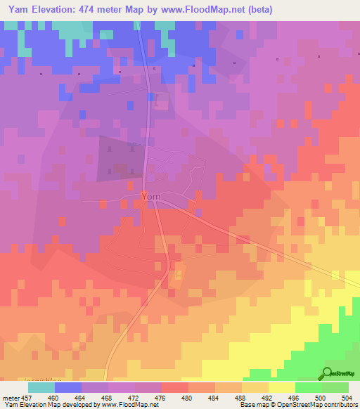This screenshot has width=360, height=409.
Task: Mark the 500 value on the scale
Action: tap(322, 397)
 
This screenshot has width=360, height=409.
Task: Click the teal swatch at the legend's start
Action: tap(41, 387)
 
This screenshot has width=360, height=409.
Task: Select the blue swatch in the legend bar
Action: tap(67, 387)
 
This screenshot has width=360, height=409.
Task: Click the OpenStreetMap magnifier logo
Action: tap(327, 374)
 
